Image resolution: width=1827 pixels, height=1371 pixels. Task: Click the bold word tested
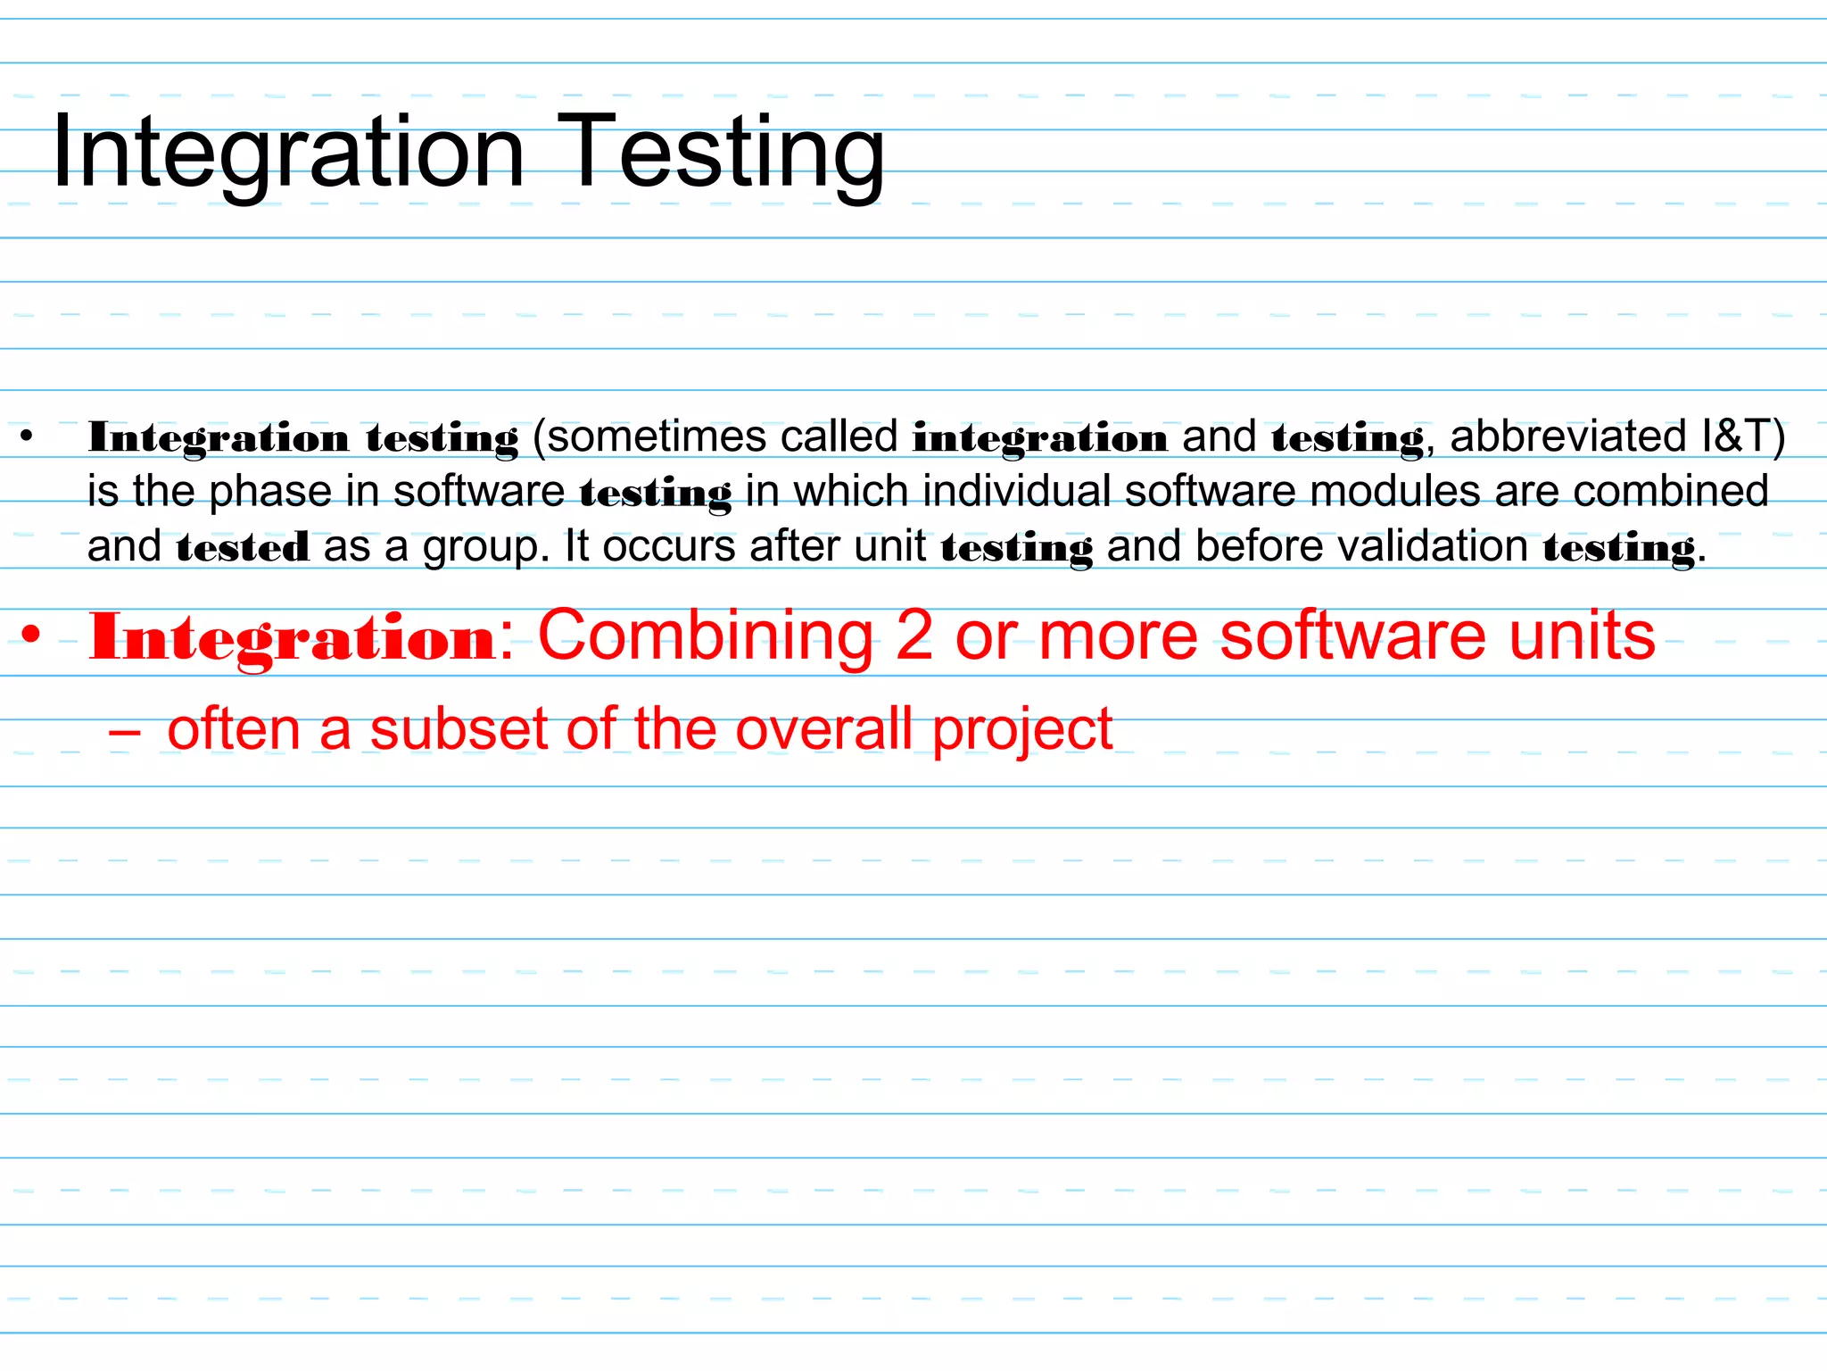pos(243,547)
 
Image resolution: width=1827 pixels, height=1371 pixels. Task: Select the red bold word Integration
pos(293,637)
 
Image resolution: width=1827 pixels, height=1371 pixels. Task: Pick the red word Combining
pos(706,637)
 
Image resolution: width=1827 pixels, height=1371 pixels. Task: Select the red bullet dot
pos(32,636)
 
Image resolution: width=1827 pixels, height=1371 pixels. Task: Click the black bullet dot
pos(27,437)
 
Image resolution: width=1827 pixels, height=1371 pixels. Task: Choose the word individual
pos(1017,492)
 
